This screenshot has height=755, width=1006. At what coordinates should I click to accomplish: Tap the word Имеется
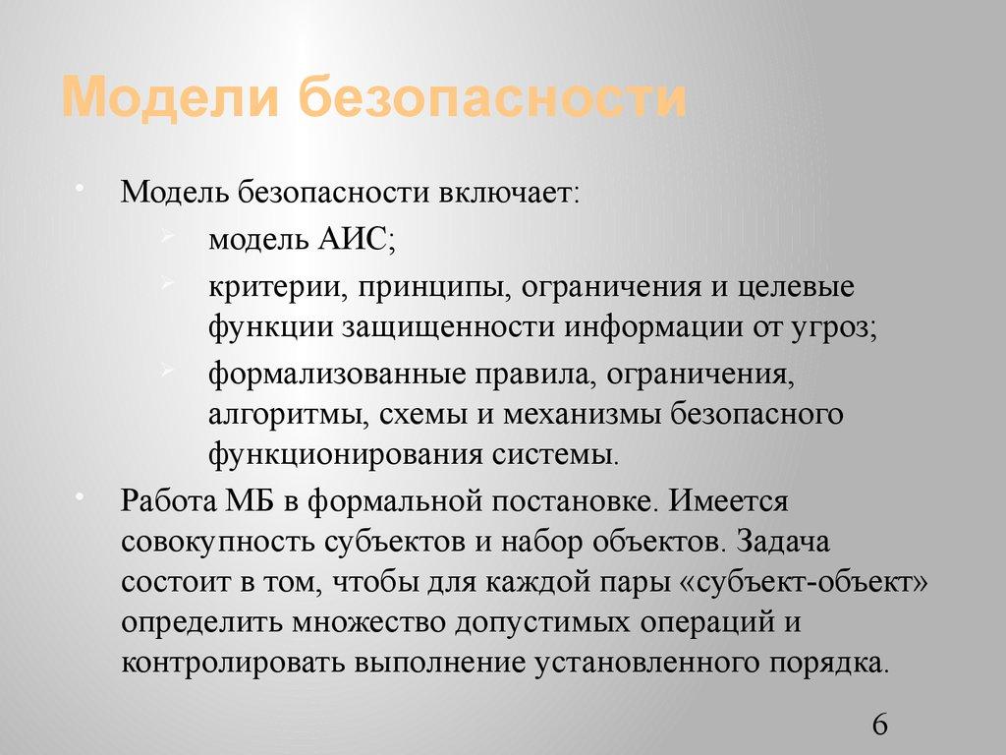[x=729, y=500]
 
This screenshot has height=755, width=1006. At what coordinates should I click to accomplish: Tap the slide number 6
[x=879, y=726]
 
